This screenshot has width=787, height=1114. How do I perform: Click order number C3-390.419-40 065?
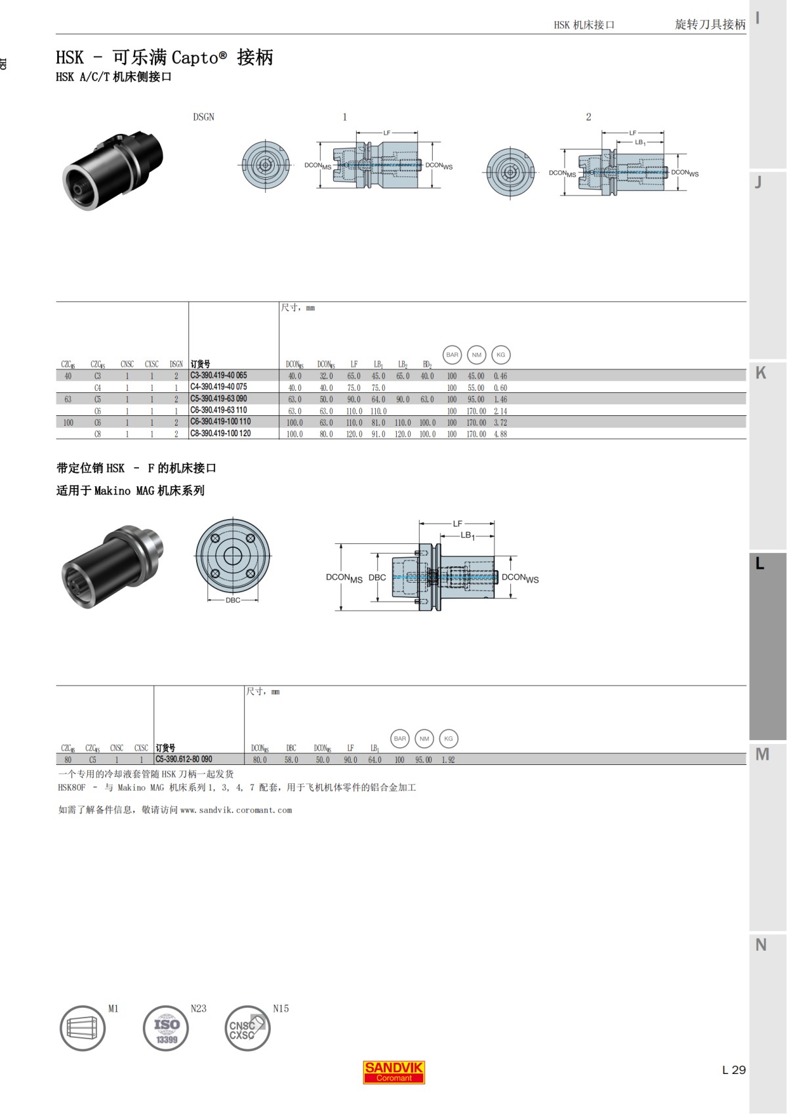coord(218,375)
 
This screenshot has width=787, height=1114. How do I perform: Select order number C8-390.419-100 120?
coord(220,434)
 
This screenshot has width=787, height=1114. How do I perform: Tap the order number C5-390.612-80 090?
coord(184,759)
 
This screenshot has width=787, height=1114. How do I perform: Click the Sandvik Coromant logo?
coord(393,1072)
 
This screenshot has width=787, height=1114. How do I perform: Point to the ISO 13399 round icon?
coord(166,1028)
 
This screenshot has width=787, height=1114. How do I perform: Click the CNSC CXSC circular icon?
coord(247,1028)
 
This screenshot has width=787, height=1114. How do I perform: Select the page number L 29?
coord(733,1069)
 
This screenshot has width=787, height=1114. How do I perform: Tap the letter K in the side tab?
coord(761,373)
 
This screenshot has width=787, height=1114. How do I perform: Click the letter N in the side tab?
coord(761,945)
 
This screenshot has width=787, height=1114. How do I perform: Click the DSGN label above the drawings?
coord(203,117)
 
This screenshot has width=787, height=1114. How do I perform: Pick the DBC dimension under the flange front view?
coord(233,600)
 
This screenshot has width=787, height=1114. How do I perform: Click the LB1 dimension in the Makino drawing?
coord(467,535)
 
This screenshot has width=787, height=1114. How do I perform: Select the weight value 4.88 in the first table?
coord(500,434)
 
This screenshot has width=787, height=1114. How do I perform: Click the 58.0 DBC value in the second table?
coord(291,760)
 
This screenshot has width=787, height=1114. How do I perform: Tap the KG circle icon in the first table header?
coord(500,355)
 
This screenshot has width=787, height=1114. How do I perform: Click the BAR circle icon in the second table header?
coord(400,739)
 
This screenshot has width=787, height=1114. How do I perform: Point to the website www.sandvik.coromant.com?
coord(236,810)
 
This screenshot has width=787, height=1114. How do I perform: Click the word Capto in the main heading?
coord(195,58)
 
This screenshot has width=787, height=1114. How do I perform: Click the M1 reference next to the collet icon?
coord(113,1008)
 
